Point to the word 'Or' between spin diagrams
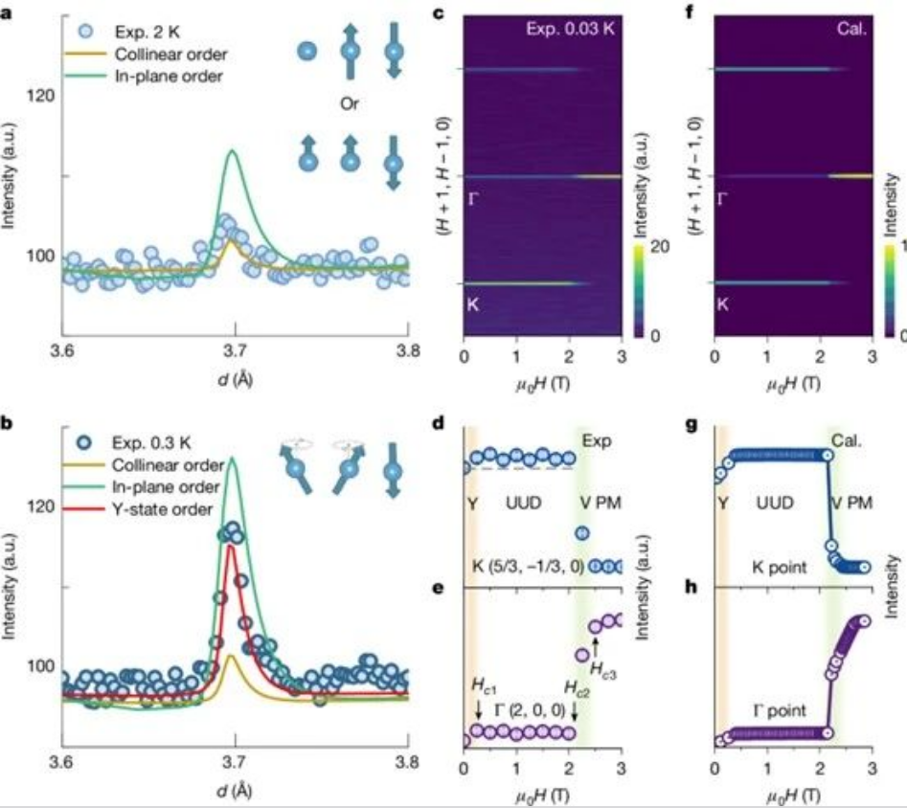point(350,101)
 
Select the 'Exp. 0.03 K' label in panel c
point(572,30)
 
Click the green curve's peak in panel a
point(232,150)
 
